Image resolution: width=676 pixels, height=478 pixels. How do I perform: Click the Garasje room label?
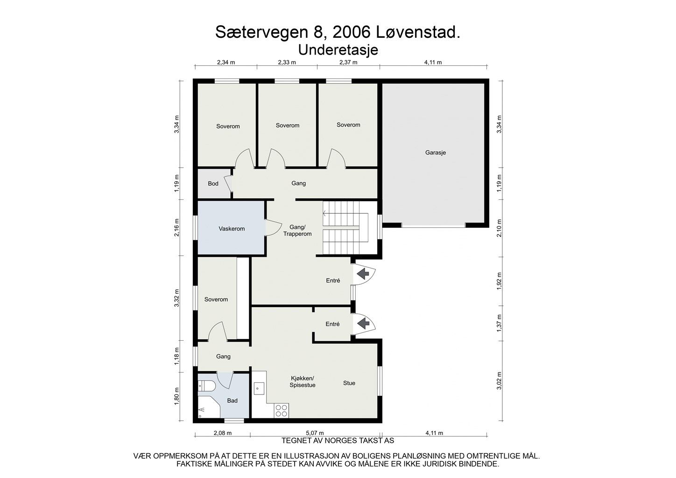pos(435,152)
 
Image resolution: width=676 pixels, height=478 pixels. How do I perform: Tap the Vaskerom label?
pos(232,229)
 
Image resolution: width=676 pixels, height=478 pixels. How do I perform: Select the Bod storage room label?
pos(213,183)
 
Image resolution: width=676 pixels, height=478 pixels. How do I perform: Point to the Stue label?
pos(349,383)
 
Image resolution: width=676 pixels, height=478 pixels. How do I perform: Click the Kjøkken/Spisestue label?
pos(303,381)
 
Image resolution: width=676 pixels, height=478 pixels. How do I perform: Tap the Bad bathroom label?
pos(232,401)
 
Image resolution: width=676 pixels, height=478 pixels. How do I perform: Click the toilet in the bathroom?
pos(206,386)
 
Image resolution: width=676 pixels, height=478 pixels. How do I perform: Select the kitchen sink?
pos(259,387)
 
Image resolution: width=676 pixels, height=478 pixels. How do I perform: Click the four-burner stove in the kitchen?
pos(282,410)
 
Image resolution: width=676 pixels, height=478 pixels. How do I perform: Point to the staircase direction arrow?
pos(325,214)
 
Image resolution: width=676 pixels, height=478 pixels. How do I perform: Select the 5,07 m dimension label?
pos(315,433)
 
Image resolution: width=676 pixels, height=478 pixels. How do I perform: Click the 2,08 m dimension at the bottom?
pos(222,433)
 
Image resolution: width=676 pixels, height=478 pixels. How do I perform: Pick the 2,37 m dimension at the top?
pos(348,62)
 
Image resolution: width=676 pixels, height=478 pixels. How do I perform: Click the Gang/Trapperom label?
pos(297,231)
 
